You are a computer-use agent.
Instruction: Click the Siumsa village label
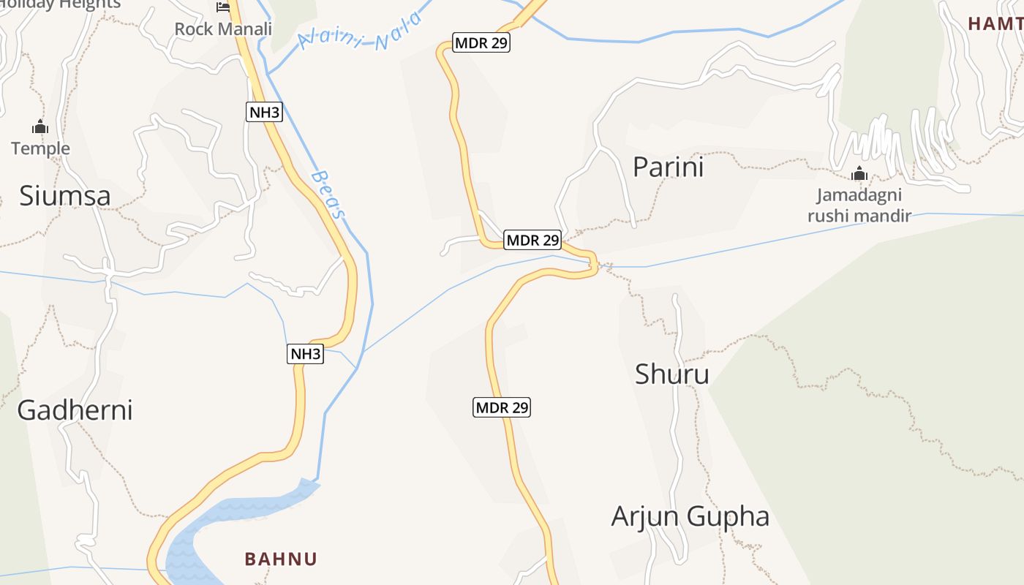pyautogui.click(x=65, y=196)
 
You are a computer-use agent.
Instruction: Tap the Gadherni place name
pyautogui.click(x=75, y=410)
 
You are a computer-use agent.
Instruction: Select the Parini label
pyautogui.click(x=668, y=167)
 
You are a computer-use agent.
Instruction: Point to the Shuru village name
pyautogui.click(x=671, y=374)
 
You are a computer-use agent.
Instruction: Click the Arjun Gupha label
pyautogui.click(x=690, y=517)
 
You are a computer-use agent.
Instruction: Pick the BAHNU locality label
pyautogui.click(x=281, y=559)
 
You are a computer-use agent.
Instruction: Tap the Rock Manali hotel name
pyautogui.click(x=223, y=29)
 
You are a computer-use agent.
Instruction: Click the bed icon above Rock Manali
pyautogui.click(x=223, y=7)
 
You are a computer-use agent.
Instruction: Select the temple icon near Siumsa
pyautogui.click(x=40, y=127)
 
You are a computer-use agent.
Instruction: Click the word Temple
pyautogui.click(x=40, y=149)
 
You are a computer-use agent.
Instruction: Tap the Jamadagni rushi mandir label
pyautogui.click(x=859, y=205)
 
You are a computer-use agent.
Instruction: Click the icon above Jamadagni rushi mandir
pyautogui.click(x=859, y=174)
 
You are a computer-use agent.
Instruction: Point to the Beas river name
pyautogui.click(x=327, y=195)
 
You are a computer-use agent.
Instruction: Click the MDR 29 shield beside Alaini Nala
pyautogui.click(x=481, y=43)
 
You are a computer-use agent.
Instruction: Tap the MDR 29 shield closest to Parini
pyautogui.click(x=532, y=240)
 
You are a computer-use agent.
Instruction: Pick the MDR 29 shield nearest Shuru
pyautogui.click(x=501, y=407)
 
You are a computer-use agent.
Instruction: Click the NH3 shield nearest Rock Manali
pyautogui.click(x=264, y=112)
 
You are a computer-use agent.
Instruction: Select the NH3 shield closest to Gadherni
pyautogui.click(x=305, y=355)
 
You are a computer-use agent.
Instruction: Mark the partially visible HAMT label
pyautogui.click(x=995, y=24)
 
